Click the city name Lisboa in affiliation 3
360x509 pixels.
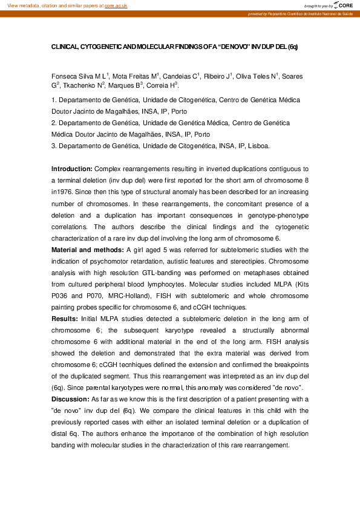pyautogui.click(x=257, y=146)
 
